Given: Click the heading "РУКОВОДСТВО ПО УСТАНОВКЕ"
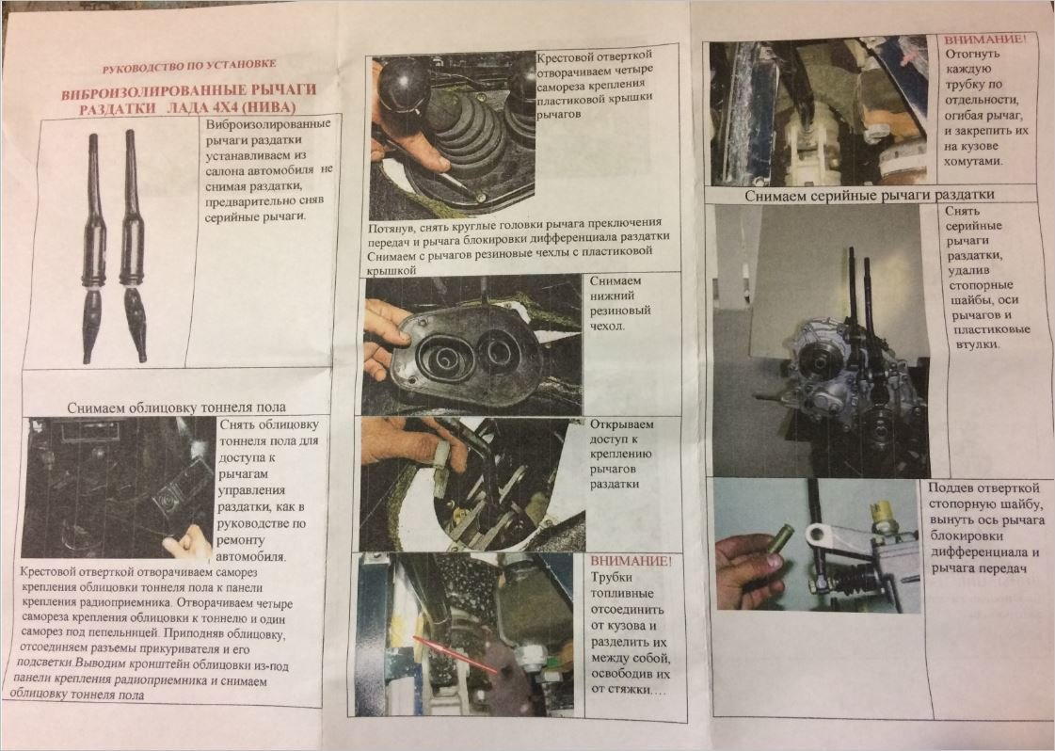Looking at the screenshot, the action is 189,66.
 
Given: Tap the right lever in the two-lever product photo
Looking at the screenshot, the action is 132,246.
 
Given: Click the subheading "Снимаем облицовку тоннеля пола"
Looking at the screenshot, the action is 176,407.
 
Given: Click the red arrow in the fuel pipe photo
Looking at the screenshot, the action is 456,654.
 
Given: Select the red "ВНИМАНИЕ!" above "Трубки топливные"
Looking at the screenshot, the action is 631,561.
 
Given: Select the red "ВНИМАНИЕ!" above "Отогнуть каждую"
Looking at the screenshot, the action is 985,39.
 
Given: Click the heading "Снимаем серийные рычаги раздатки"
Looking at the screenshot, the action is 870,195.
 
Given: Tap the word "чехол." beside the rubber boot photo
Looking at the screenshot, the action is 607,326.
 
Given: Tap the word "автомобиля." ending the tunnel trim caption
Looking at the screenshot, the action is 251,557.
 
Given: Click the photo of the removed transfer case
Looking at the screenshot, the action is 822,341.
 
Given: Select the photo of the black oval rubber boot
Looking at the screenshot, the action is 472,344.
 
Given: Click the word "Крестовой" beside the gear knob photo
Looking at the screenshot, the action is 565,56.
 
